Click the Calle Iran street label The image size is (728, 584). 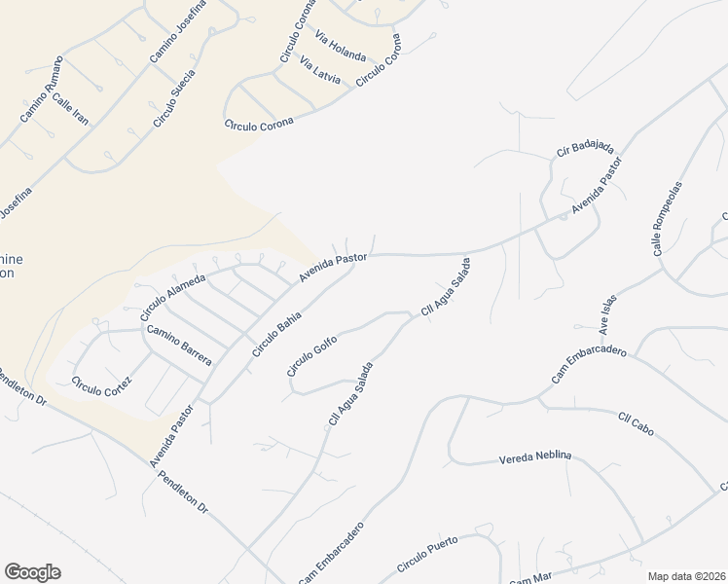(x=70, y=109)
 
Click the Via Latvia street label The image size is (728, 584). (x=320, y=71)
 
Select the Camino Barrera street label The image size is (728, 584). (x=179, y=345)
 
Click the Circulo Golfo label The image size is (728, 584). (x=311, y=355)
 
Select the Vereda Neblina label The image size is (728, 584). (x=534, y=456)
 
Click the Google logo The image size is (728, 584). (x=32, y=572)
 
